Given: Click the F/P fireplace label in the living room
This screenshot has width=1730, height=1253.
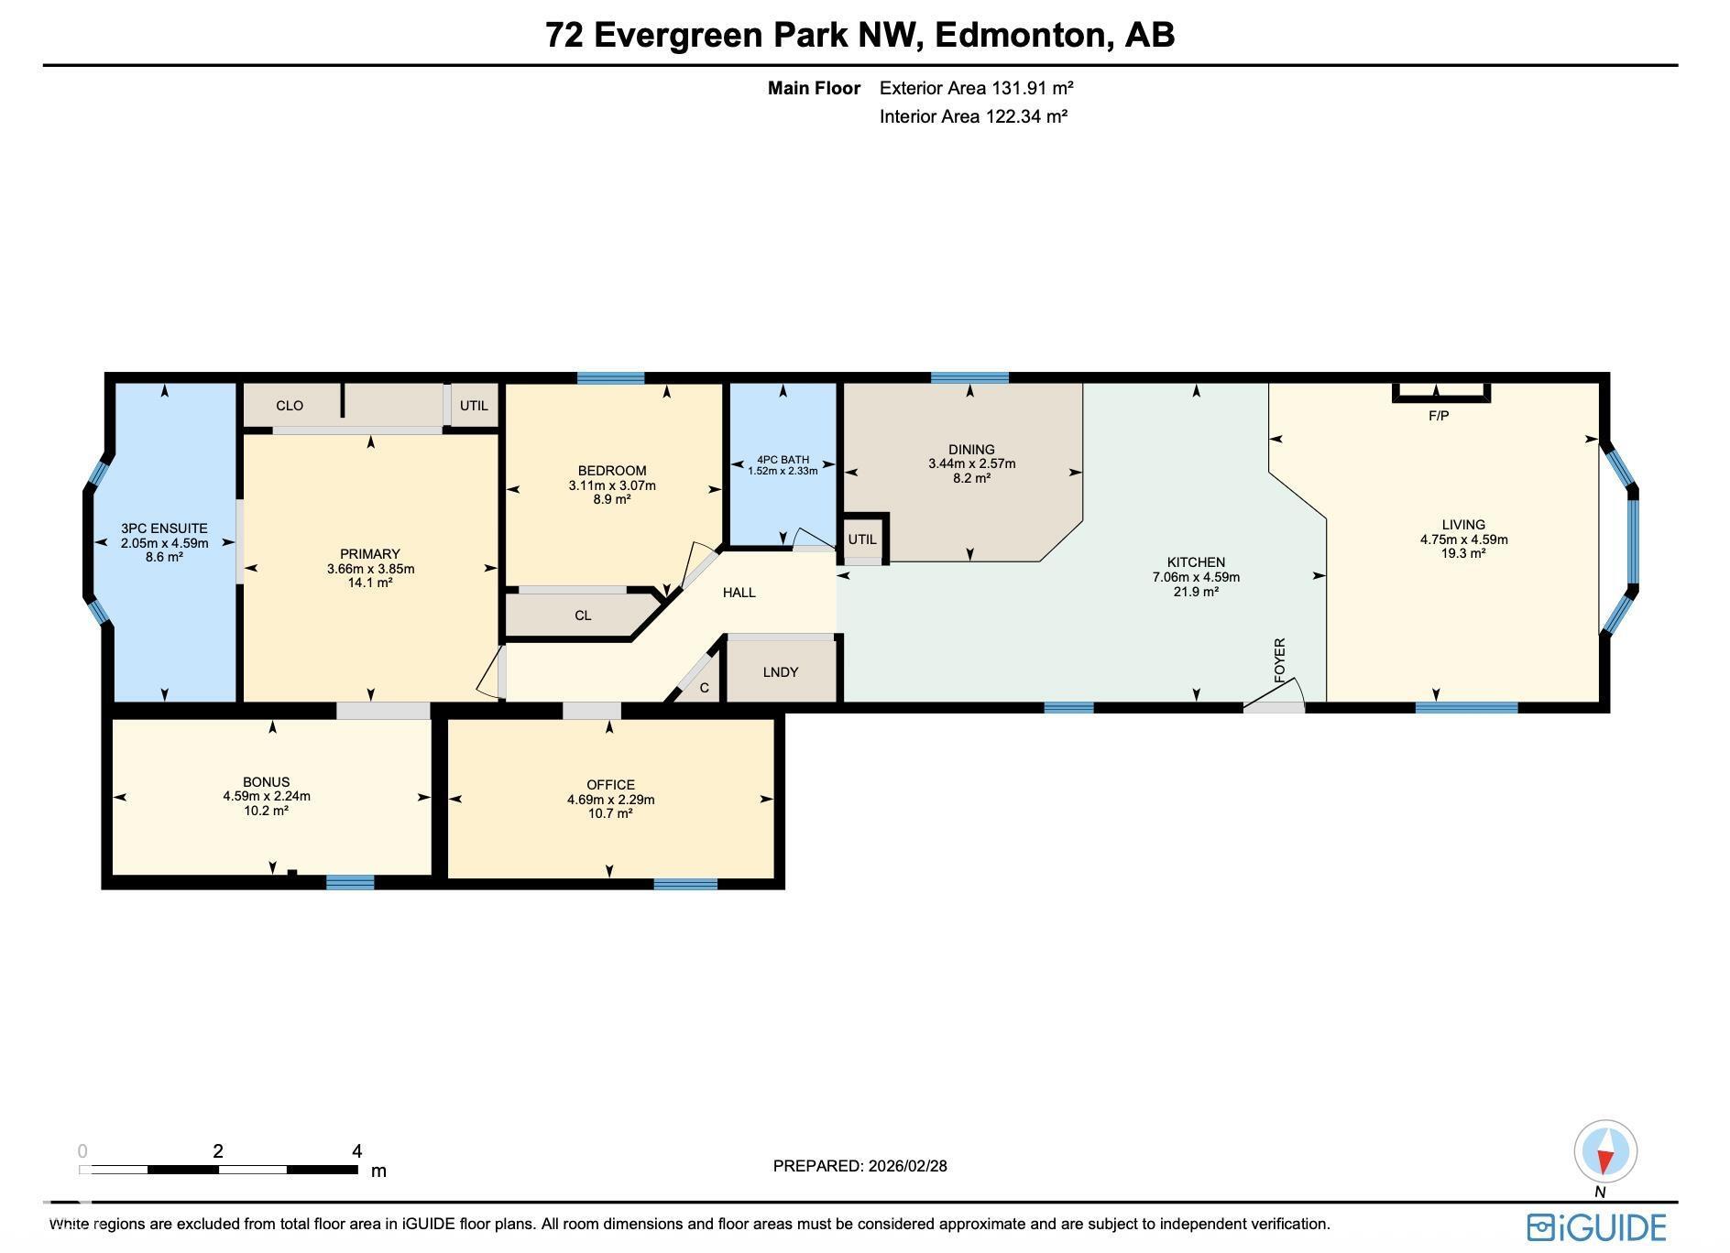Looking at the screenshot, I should coord(1439,416).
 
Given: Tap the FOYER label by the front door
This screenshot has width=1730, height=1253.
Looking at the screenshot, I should coord(1280,659).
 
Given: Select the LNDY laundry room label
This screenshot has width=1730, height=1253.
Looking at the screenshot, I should coord(781,672).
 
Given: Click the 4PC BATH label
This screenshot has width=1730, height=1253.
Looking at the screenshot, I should coord(783,460).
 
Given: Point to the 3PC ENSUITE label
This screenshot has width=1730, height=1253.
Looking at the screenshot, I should coord(164,528).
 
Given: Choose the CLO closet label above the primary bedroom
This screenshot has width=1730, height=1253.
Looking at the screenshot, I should coord(290,406).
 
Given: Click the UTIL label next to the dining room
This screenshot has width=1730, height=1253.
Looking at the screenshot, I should coord(862,539).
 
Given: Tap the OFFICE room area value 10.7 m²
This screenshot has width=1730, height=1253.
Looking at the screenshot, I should coord(610,813).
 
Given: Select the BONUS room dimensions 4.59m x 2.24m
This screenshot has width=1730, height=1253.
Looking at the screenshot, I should coord(267,796).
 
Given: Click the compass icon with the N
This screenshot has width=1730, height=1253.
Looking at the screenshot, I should coord(1605,1152).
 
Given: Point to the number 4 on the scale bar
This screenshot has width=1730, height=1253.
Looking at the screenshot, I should coord(356,1151).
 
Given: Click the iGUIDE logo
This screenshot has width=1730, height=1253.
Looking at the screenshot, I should coord(1596,1227).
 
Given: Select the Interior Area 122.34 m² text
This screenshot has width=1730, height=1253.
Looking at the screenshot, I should coord(973,116).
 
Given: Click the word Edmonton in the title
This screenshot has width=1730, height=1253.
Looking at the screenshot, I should coord(1021,35).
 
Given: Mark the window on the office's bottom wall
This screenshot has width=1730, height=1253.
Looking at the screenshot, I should coord(685,884).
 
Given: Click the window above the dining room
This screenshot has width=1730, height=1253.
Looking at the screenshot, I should coord(969,377).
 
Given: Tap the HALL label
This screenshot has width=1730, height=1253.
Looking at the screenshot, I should coord(739,593).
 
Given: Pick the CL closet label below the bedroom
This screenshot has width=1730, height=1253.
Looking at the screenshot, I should coord(583,616).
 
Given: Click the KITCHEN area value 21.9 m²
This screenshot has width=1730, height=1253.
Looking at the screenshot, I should coord(1196,592).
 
